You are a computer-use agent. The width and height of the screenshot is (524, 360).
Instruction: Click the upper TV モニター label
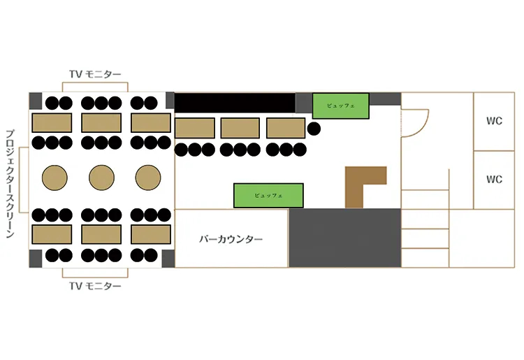tap(95, 74)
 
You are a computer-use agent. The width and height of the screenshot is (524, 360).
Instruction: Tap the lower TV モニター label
tap(95, 286)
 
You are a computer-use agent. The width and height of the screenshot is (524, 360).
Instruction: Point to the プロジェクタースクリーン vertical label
tap(10, 184)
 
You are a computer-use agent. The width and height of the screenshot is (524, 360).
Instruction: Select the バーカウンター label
tap(231, 239)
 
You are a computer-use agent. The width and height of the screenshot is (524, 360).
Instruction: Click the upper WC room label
tap(494, 121)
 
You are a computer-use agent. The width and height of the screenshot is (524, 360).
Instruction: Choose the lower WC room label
tap(494, 179)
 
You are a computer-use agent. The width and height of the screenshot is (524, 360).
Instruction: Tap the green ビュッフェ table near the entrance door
tap(341, 106)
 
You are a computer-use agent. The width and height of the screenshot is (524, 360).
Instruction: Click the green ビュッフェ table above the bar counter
tap(268, 196)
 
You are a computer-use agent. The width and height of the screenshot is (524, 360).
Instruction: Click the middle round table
tap(101, 178)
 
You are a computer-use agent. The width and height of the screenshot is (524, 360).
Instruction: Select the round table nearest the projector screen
tap(54, 178)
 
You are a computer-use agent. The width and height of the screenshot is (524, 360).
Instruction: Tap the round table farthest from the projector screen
tap(148, 178)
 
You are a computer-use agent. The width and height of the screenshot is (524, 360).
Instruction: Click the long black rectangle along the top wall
tap(235, 103)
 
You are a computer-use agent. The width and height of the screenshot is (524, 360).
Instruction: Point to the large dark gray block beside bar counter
tap(345, 238)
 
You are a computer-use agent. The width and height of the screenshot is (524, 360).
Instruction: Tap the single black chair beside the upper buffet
tap(314, 129)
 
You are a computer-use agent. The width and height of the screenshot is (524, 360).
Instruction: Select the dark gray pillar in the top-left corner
tap(36, 101)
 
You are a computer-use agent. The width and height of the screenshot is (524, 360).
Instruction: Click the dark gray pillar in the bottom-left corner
tap(36, 259)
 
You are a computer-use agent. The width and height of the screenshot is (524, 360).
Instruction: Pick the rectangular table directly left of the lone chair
tap(286, 128)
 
